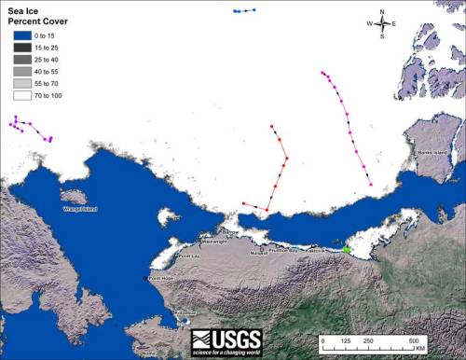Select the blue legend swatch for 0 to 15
(21, 35)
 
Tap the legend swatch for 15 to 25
(21, 47)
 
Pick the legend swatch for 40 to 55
(21, 70)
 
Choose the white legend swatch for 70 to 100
(21, 94)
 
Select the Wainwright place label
(212, 242)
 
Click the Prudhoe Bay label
(284, 250)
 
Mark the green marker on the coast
(347, 249)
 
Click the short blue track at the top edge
(244, 11)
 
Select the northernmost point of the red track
(271, 126)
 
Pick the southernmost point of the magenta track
(372, 186)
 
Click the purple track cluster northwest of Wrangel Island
(31, 128)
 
